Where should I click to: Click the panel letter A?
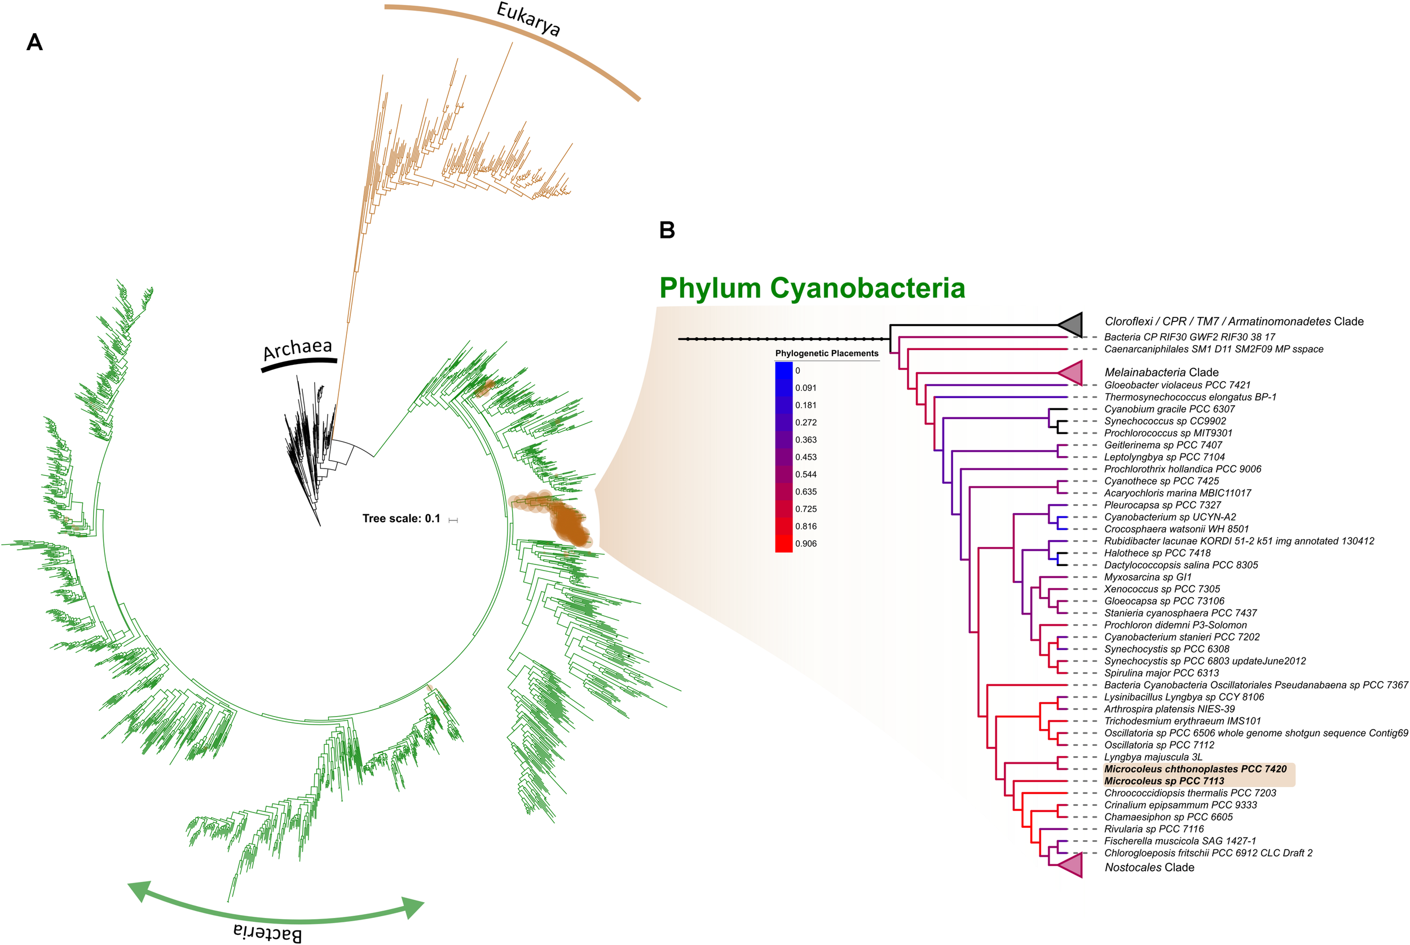(34, 42)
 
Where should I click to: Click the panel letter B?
(667, 229)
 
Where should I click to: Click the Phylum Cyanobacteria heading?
(812, 288)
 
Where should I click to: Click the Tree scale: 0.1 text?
(401, 518)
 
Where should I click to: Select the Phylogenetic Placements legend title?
(826, 353)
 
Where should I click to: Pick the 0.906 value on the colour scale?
(806, 544)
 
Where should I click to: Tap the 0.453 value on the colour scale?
(806, 457)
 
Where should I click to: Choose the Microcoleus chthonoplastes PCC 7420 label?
(1195, 769)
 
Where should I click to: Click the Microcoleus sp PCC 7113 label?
(1164, 781)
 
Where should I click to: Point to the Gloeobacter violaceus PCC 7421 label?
(1177, 385)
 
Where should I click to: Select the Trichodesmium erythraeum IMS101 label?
(1182, 721)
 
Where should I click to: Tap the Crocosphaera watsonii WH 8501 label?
(1176, 529)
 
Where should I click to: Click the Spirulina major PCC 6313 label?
(1161, 673)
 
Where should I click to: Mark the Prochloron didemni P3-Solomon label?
(1175, 625)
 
